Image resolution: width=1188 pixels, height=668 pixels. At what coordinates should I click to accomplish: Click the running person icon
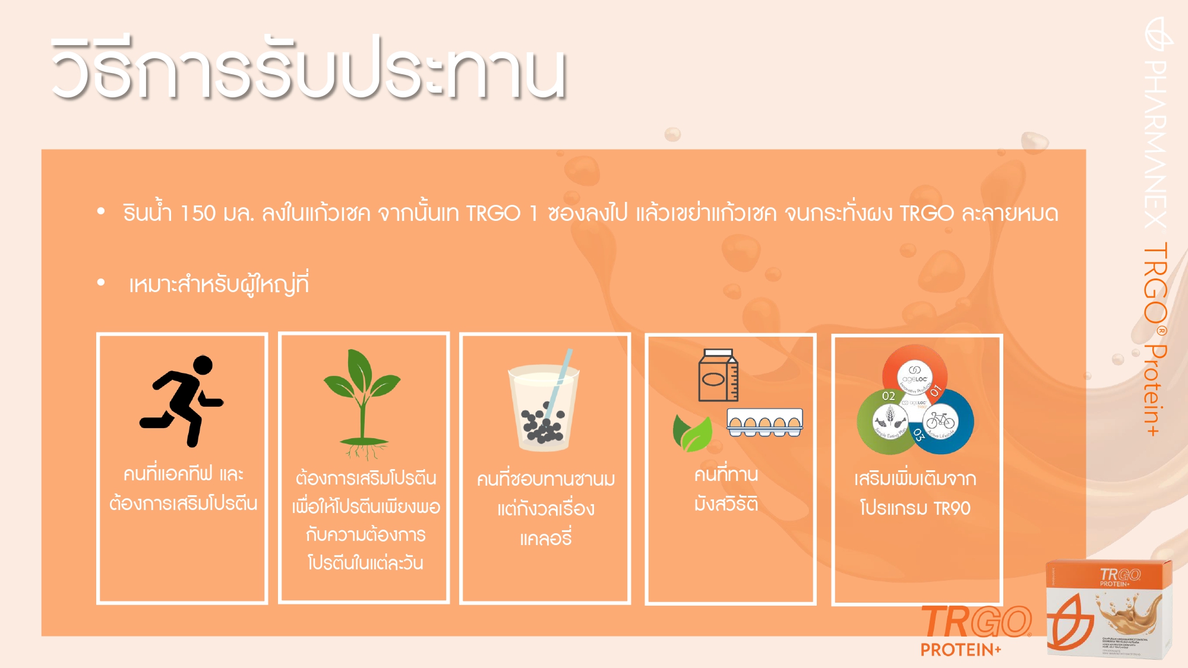[x=181, y=401]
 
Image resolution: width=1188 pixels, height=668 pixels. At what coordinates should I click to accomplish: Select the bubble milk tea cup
[x=544, y=410]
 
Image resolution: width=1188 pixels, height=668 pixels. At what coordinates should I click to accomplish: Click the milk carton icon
[x=718, y=376]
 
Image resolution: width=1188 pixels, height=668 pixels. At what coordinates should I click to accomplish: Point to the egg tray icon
[x=764, y=422]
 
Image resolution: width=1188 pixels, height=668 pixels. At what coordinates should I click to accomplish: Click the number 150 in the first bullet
[x=197, y=213]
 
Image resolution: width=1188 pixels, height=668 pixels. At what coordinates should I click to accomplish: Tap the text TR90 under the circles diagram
[x=952, y=508]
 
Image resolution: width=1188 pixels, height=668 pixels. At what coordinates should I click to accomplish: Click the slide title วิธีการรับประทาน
[x=309, y=68]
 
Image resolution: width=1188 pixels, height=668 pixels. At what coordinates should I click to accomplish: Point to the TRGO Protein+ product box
[x=1109, y=609]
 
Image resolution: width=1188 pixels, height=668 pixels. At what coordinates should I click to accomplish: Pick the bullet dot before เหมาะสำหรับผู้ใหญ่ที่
[x=101, y=283]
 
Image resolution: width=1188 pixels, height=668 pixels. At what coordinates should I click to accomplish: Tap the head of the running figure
[x=203, y=365]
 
